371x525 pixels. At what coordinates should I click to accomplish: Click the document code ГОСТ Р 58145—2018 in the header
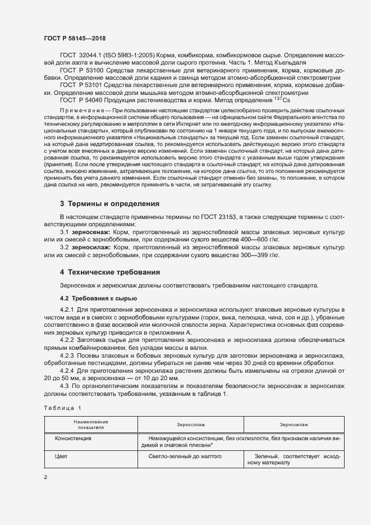pyautogui.click(x=74, y=38)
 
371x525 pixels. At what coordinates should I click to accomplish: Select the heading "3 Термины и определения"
pyautogui.click(x=109, y=203)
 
